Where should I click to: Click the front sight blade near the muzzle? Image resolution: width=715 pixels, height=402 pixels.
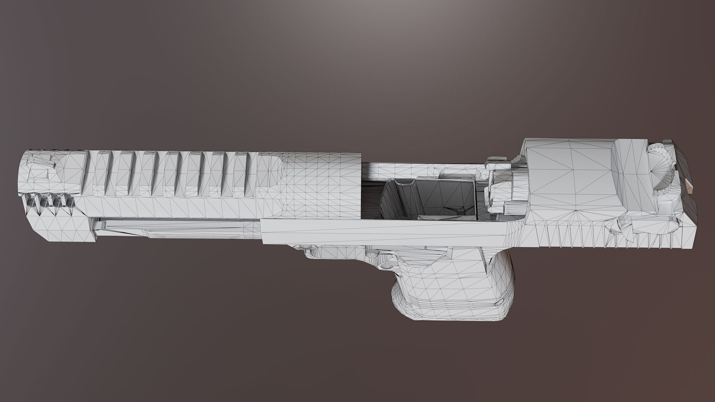coord(41,162)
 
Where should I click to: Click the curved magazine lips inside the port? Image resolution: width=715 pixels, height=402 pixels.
coord(404,186)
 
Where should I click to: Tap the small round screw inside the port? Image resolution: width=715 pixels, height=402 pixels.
coord(461,211)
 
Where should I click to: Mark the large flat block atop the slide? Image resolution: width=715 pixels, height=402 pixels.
coord(570,175)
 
